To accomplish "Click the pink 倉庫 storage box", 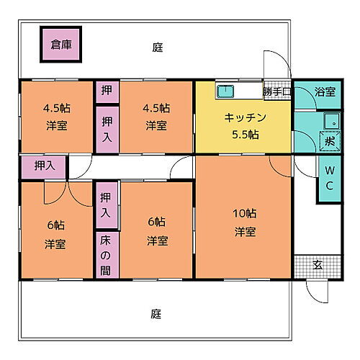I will [x=60, y=45].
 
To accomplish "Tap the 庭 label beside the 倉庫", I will [x=158, y=48].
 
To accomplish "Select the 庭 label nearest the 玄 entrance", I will [x=156, y=314].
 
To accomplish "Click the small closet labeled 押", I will [x=106, y=91].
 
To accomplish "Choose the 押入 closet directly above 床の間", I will [x=106, y=205].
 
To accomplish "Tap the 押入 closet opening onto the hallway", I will [x=45, y=166].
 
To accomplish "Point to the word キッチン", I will [x=245, y=118].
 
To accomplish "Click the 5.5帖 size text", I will [x=246, y=135].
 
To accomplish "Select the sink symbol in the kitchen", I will [x=225, y=91].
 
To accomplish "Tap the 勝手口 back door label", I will [x=276, y=91].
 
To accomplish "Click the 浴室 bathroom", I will [x=325, y=92].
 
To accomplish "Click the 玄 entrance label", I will [x=318, y=265].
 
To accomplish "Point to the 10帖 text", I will [x=245, y=213].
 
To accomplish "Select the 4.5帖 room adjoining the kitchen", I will [x=157, y=117].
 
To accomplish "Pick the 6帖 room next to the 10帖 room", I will [x=157, y=230].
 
